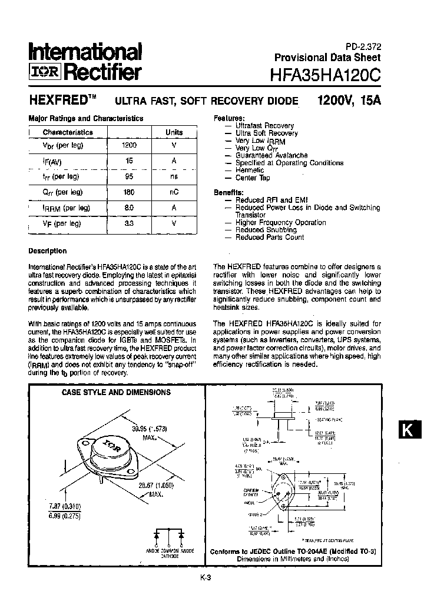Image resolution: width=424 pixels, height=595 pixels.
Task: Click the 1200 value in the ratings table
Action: tap(129, 145)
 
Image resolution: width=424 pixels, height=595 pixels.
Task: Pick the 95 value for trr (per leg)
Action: tap(130, 176)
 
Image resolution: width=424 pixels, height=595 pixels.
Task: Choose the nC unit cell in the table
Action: tap(174, 192)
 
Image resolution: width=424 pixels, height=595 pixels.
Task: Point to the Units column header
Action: tap(174, 132)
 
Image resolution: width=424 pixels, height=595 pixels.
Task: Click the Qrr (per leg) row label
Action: tap(62, 192)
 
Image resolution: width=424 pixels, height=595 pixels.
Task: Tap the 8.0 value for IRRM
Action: tap(130, 208)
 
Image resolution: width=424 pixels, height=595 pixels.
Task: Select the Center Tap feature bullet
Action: tap(253, 178)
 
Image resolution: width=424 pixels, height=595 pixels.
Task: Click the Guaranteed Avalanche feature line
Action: tap(271, 155)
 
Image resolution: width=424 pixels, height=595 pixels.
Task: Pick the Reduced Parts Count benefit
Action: tap(270, 238)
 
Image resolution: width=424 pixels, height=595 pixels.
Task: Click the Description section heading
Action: tap(48, 251)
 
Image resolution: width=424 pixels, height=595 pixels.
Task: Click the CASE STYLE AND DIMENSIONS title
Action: tap(116, 392)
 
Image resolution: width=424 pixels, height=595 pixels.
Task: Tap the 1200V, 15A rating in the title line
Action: tap(349, 100)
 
